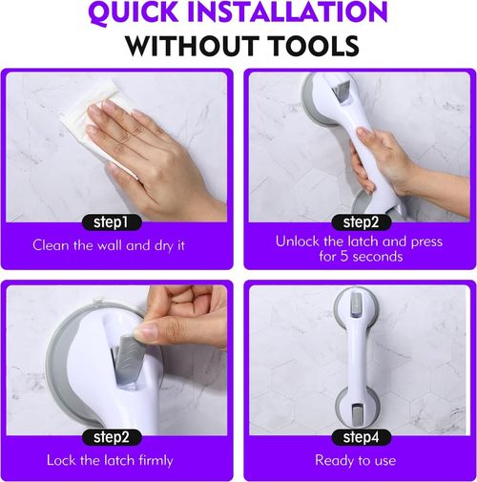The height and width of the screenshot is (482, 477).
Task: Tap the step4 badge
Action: [358, 436]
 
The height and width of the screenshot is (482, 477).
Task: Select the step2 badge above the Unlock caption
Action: [358, 222]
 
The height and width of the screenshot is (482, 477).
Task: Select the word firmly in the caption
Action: [153, 460]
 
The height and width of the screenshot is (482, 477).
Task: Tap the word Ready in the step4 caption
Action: [334, 460]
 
